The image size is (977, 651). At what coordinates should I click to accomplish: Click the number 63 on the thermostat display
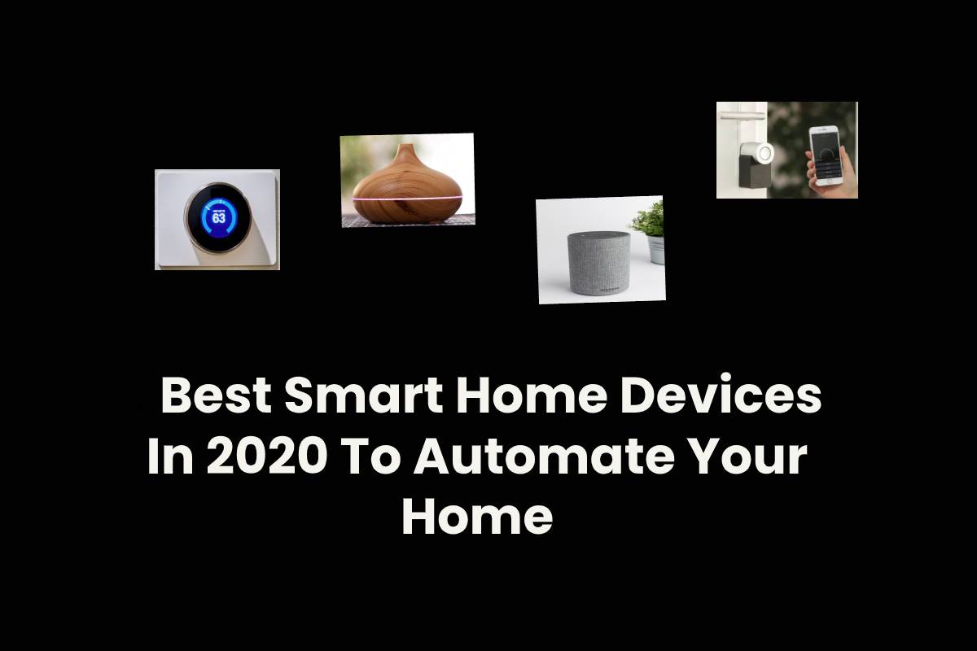218,217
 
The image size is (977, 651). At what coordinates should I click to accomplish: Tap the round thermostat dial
217,218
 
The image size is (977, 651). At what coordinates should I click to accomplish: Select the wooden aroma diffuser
407,184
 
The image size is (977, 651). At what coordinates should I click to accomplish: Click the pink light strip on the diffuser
407,199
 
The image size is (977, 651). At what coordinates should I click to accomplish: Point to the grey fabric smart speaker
599,263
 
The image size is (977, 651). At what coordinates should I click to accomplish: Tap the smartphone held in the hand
826,155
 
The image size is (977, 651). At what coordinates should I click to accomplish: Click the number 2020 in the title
266,457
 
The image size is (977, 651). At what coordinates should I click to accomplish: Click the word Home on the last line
478,517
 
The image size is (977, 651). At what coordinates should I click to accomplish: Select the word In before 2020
170,457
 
